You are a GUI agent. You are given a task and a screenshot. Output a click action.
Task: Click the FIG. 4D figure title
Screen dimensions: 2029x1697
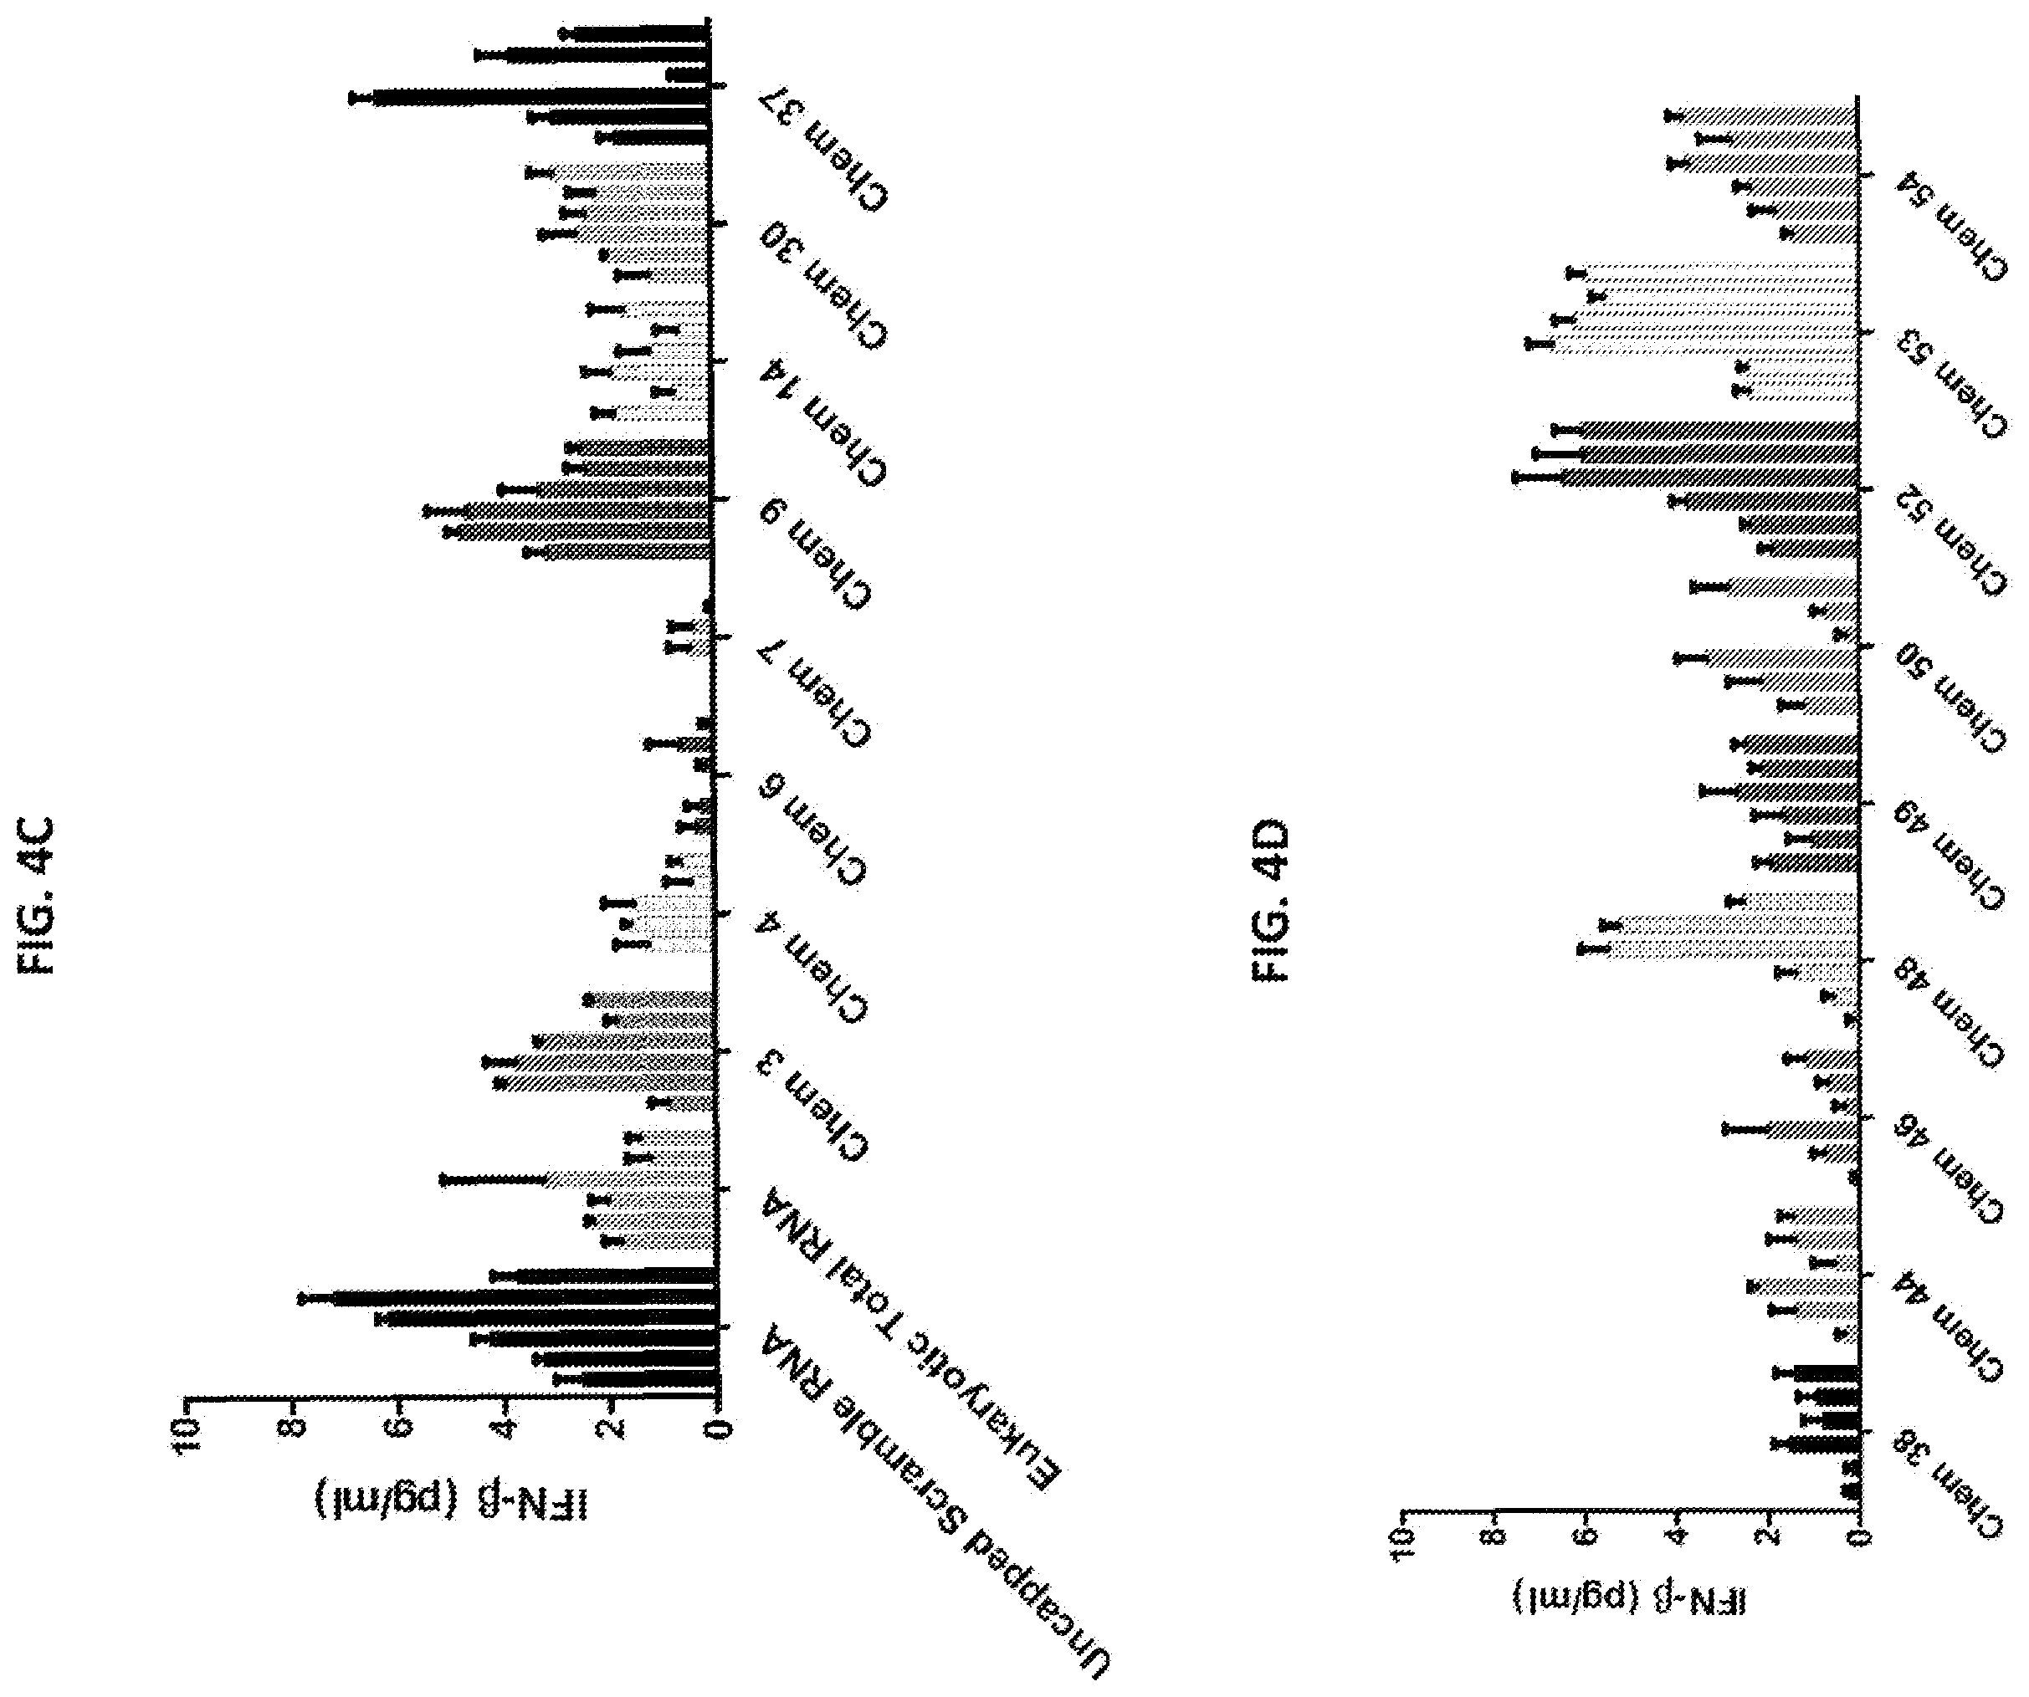(1272, 900)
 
